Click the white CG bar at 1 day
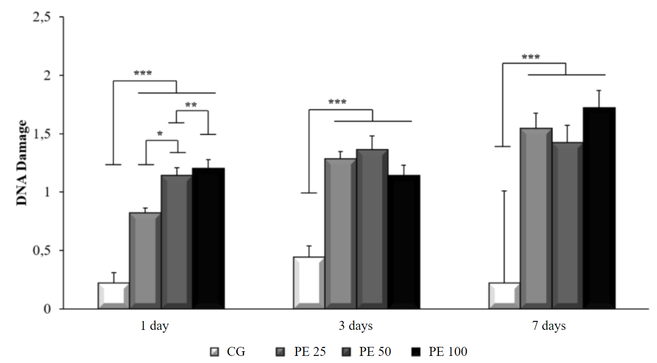tap(114, 296)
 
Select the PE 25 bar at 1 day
tap(145, 260)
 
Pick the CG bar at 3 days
tap(309, 283)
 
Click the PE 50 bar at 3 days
tap(372, 229)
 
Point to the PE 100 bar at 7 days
tap(599, 208)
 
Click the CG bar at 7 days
tap(504, 296)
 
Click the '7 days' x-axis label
tap(549, 326)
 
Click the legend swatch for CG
tap(214, 352)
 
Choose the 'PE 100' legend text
tap(448, 352)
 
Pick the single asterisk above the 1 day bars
tap(160, 134)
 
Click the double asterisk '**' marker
tap(191, 105)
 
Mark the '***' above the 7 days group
tap(531, 58)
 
